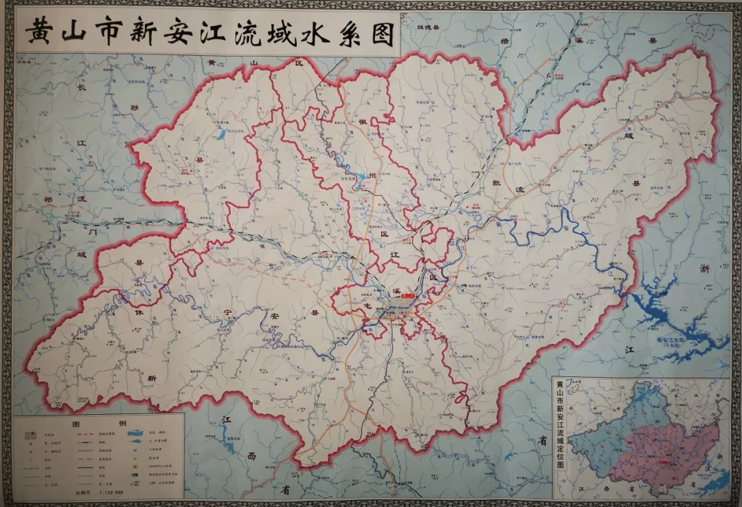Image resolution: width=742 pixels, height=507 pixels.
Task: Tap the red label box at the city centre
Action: click(408, 294)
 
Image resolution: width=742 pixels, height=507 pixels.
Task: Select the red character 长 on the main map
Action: click(81, 87)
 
